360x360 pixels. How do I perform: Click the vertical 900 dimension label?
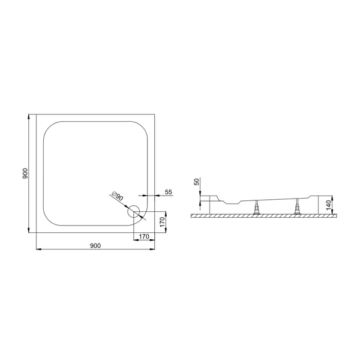pyautogui.click(x=25, y=173)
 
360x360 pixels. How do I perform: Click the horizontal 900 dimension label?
pyautogui.click(x=95, y=245)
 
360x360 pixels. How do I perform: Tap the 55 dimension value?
pyautogui.click(x=169, y=192)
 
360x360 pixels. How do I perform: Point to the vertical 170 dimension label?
pyautogui.click(x=163, y=222)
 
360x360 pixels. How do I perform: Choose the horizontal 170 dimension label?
pyautogui.click(x=144, y=236)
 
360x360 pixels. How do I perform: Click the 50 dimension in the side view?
pyautogui.click(x=197, y=182)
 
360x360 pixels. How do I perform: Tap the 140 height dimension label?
pyautogui.click(x=329, y=205)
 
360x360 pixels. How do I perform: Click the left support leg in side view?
pyautogui.click(x=256, y=208)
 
